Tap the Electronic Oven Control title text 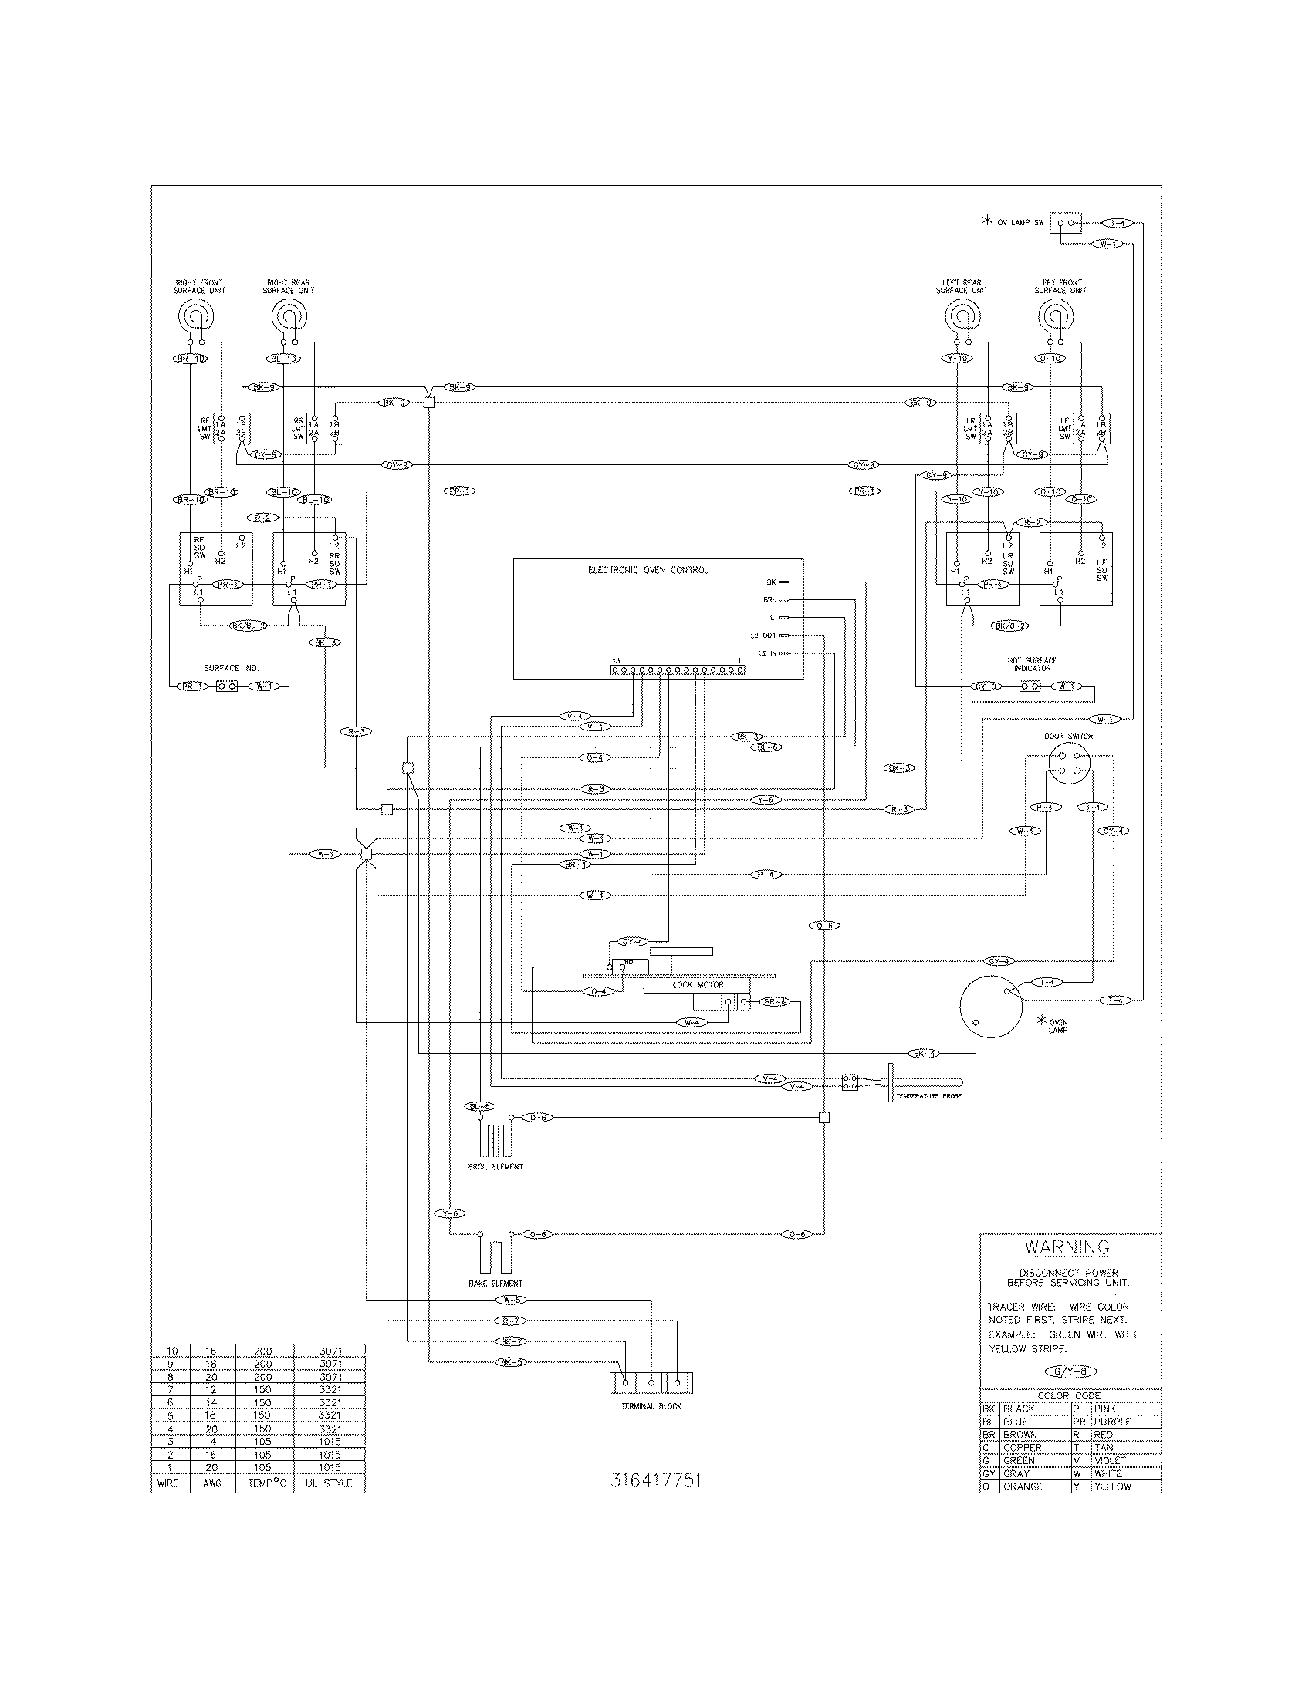click(x=648, y=570)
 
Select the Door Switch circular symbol click(x=1068, y=764)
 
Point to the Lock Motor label click(x=697, y=984)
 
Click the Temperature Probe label click(x=928, y=1095)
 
